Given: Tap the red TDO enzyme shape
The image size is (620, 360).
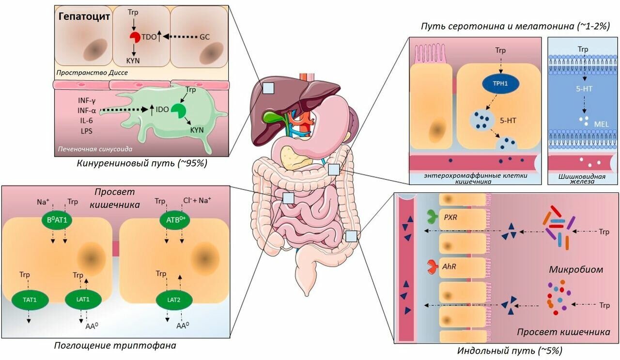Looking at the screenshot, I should click(134, 37).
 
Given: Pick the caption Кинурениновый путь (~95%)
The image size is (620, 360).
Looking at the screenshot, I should click(142, 163).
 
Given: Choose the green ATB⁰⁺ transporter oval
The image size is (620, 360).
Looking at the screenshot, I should click(173, 219).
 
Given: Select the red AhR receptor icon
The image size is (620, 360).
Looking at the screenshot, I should click(430, 266).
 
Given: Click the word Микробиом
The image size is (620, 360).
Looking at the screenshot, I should click(576, 269).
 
